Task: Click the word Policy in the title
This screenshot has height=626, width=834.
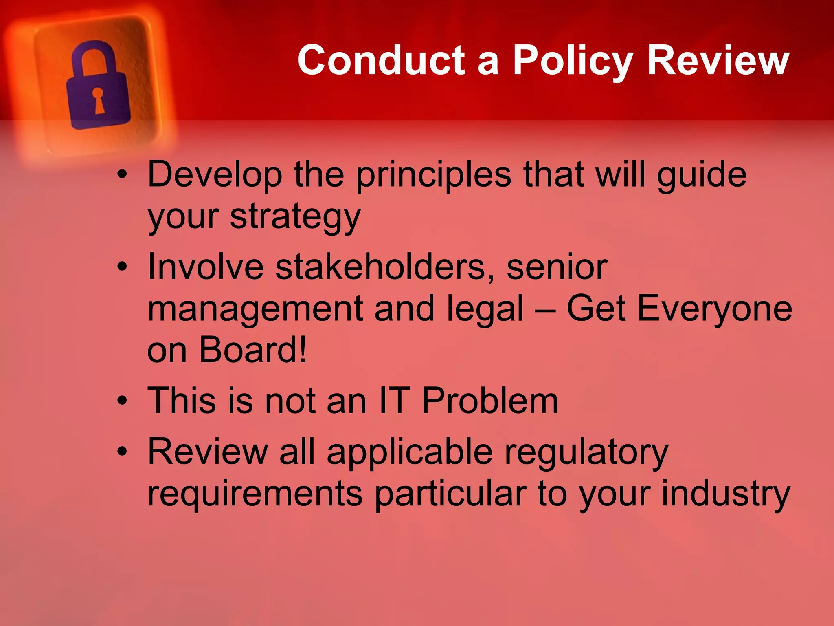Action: coord(573,61)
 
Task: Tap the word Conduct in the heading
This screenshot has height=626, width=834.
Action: coord(381,61)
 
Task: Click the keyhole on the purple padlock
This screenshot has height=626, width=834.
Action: coord(98,100)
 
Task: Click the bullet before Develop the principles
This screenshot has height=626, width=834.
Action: coord(122,175)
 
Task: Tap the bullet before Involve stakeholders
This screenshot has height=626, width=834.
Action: coord(122,267)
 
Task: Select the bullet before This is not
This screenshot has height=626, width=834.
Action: coord(122,401)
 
